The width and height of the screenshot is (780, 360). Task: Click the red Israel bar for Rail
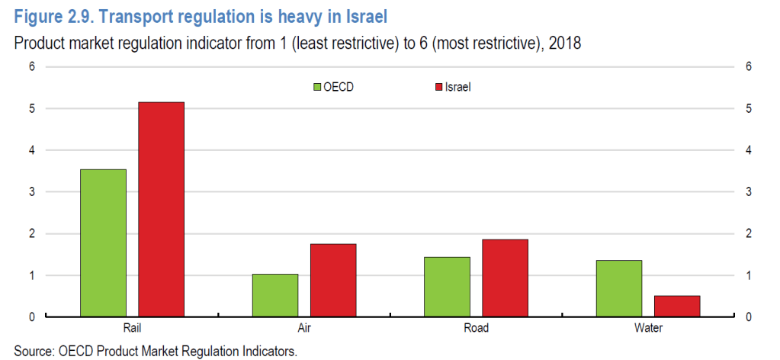tap(161, 209)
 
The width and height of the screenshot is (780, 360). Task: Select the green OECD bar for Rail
tap(103, 243)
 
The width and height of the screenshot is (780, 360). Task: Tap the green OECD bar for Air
tap(275, 294)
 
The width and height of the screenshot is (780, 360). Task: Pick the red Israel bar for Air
tap(333, 280)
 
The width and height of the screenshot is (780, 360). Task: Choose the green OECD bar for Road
tap(447, 286)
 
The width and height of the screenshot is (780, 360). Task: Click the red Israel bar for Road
tap(505, 278)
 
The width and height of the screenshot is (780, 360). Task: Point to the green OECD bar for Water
tap(618, 288)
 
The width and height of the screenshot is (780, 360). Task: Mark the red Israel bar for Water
tap(676, 305)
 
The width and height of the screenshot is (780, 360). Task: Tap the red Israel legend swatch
tap(438, 87)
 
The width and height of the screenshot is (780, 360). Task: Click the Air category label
tap(304, 328)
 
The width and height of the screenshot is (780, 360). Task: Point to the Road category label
tap(476, 328)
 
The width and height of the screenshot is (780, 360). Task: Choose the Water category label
tap(647, 328)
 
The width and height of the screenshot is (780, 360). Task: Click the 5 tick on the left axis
tap(32, 108)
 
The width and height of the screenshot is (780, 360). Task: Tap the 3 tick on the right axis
tap(749, 192)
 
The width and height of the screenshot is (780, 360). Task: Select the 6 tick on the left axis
tap(32, 67)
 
